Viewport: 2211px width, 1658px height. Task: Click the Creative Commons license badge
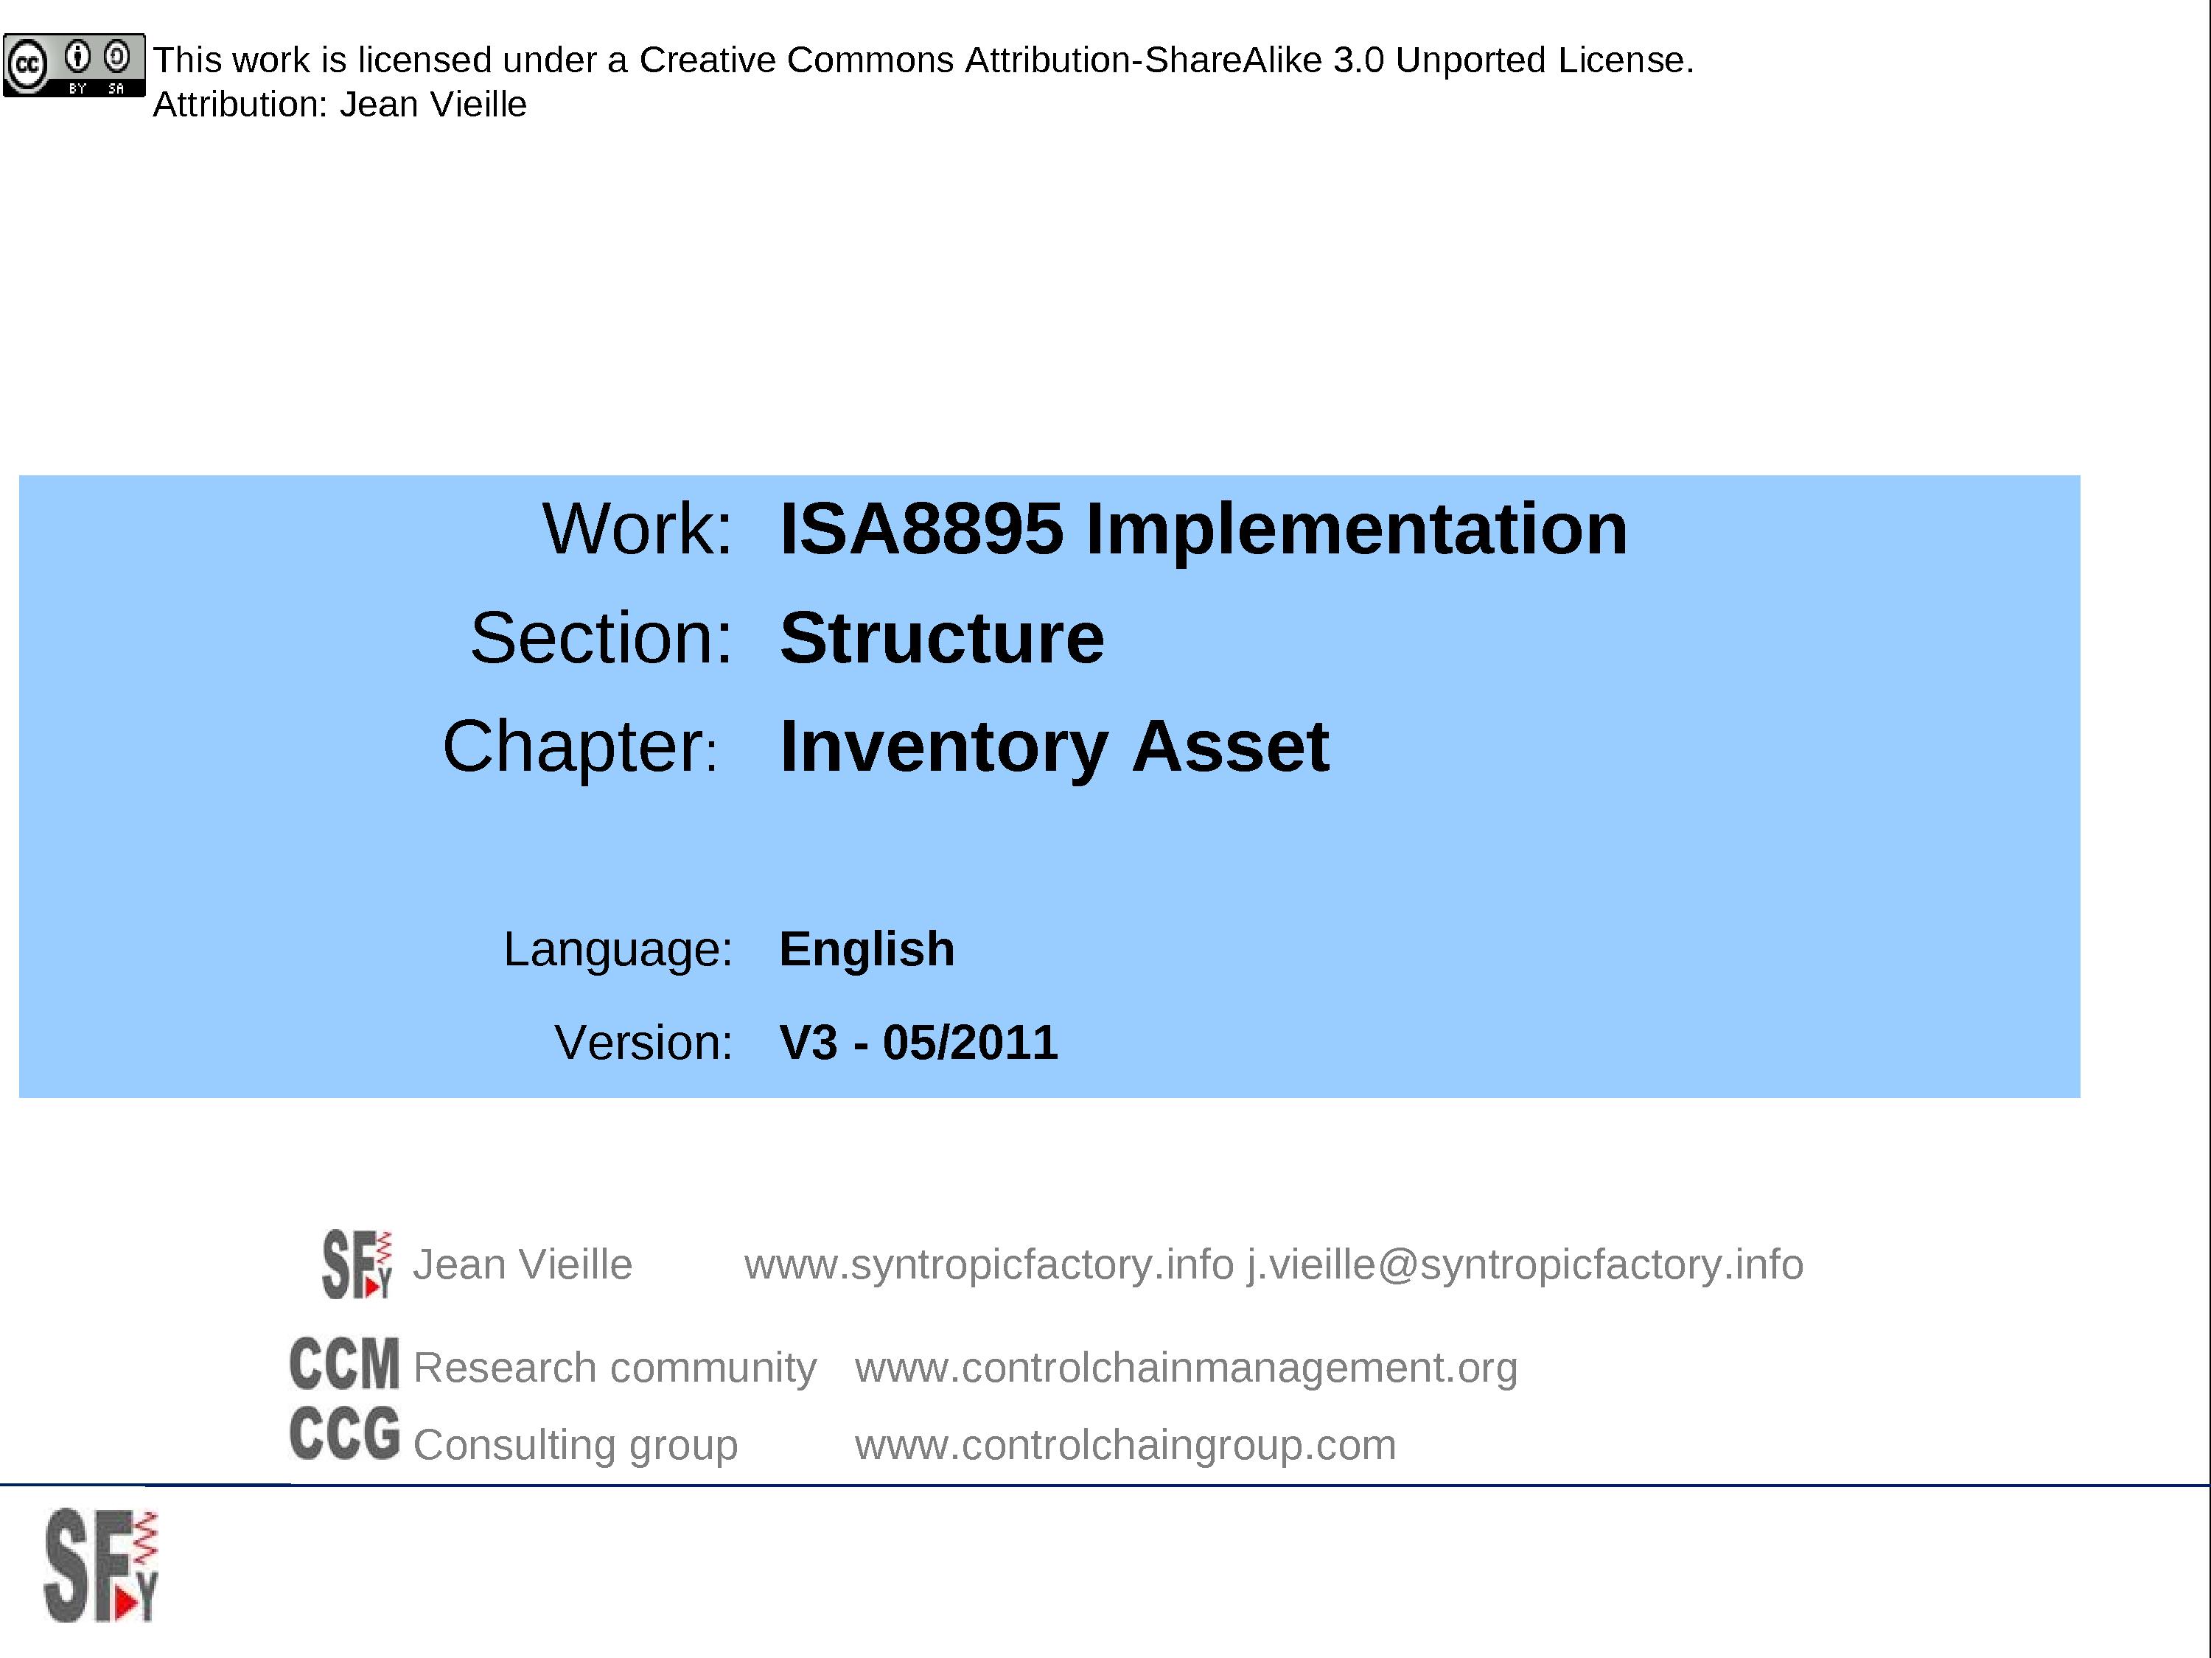[74, 66]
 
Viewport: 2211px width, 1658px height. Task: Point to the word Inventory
[943, 747]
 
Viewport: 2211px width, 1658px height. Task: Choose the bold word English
[867, 949]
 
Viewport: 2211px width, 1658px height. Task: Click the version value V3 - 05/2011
[918, 1043]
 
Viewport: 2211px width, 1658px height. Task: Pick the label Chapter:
[581, 746]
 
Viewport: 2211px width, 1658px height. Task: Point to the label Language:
[618, 949]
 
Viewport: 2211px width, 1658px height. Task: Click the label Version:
[643, 1043]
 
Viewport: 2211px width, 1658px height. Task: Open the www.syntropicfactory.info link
[988, 1265]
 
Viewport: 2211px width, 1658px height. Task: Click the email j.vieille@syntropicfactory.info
[1524, 1265]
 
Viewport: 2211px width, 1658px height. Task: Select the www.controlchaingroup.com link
[1125, 1445]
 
